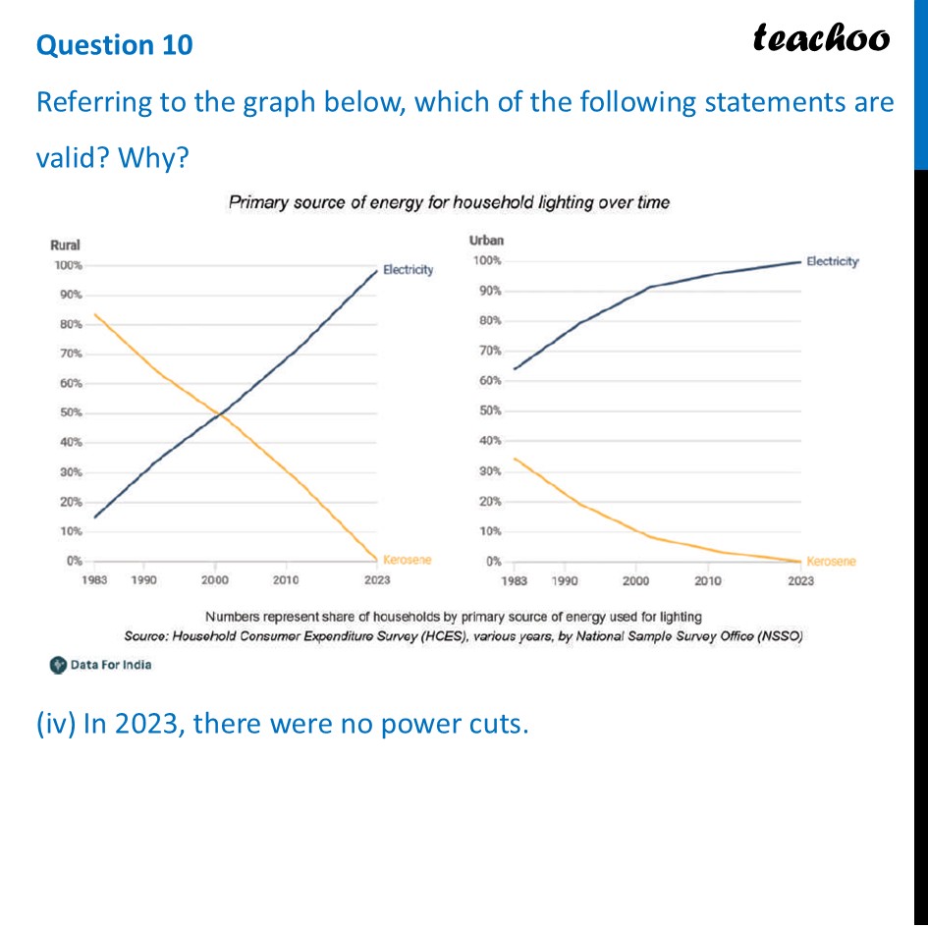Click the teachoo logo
(821, 37)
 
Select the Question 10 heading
(115, 44)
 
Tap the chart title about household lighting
(449, 202)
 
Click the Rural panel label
(65, 246)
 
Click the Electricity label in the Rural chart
(408, 269)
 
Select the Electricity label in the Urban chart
(832, 261)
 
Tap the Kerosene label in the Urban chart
(830, 561)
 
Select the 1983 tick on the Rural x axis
(95, 580)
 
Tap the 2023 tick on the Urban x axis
(800, 581)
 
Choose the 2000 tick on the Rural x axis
(215, 580)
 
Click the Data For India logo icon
(58, 665)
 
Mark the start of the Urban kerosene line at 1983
(515, 459)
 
